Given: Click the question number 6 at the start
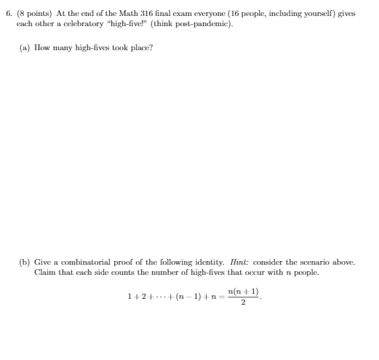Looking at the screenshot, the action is [x=9, y=14].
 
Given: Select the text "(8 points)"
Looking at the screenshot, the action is [x=31, y=14].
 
